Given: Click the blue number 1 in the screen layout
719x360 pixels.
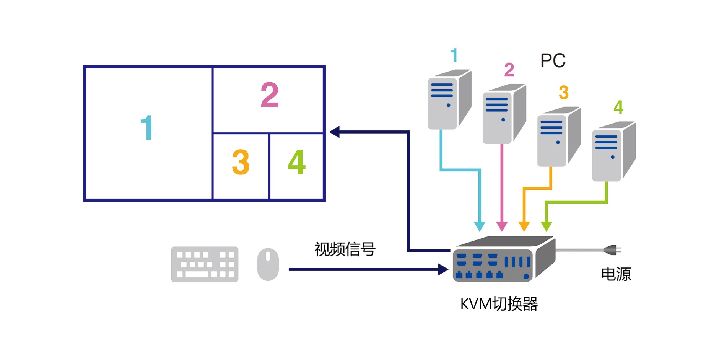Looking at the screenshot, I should point(146,128).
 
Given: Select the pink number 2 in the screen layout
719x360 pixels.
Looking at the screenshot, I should point(269,95).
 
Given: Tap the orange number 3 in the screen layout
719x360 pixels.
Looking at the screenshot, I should point(241,162).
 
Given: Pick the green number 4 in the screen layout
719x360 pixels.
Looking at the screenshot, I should point(296,162).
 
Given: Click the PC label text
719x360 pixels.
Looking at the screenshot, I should point(553,60).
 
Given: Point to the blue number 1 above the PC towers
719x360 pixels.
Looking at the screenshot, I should point(454,55).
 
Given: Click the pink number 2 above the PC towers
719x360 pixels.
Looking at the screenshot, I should point(509,70).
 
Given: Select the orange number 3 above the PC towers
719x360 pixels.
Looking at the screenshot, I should point(563,92).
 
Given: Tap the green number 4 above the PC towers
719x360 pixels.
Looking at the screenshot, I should point(618,107).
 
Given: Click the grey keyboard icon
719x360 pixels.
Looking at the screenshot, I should point(205,264).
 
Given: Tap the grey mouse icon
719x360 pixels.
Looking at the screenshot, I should point(268,264).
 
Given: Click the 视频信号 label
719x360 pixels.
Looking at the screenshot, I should point(345,249).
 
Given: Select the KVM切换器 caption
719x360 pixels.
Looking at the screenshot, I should point(499,304).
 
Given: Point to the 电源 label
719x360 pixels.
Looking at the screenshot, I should point(616,274).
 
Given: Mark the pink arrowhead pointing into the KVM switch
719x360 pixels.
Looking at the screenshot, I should point(502,226).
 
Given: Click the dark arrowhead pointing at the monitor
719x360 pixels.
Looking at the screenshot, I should point(335,132).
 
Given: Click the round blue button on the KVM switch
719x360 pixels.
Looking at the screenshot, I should point(526,276).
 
